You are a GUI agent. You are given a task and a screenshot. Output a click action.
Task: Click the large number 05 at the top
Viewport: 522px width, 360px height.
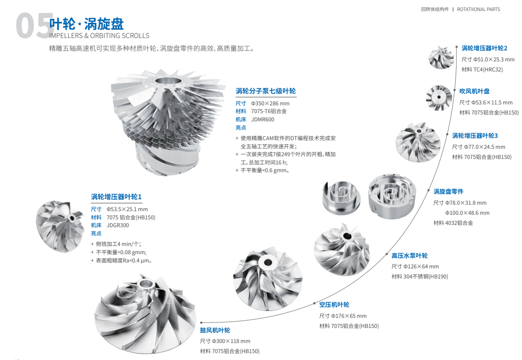click(35, 26)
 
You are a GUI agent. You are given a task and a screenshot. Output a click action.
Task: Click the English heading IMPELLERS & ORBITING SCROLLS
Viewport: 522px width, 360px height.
click(99, 36)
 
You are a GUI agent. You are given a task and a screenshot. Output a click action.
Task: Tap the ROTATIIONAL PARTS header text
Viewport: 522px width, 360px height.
click(478, 9)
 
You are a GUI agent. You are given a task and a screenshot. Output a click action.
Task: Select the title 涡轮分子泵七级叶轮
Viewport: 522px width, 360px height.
click(266, 91)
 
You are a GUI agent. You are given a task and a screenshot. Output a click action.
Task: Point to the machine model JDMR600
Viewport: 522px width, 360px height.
click(263, 120)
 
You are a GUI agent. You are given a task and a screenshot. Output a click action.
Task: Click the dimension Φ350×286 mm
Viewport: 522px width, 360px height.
click(270, 104)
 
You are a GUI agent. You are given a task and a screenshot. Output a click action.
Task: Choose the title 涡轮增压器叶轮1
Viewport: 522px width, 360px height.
click(116, 196)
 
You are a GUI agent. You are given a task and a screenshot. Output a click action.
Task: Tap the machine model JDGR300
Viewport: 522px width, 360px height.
click(118, 225)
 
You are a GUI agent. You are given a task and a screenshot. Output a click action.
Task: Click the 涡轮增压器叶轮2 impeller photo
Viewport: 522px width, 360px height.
click(441, 58)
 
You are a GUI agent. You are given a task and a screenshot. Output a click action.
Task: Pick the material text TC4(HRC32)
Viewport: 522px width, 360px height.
click(488, 70)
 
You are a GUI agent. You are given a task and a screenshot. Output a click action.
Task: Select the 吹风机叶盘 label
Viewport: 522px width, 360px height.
click(474, 91)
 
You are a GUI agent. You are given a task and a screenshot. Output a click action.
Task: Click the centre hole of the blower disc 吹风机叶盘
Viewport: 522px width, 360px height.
click(439, 98)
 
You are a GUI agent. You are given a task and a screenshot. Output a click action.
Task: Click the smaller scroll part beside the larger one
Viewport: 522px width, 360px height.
click(341, 197)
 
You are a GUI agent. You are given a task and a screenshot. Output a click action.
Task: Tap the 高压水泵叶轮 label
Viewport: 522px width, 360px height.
click(409, 256)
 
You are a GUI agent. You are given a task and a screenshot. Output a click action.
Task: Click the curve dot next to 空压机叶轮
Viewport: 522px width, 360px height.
click(314, 304)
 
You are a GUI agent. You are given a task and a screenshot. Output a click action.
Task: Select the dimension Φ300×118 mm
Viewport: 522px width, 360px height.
click(231, 341)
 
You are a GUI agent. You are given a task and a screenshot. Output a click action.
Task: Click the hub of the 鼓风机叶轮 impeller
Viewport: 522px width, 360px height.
click(145, 284)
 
